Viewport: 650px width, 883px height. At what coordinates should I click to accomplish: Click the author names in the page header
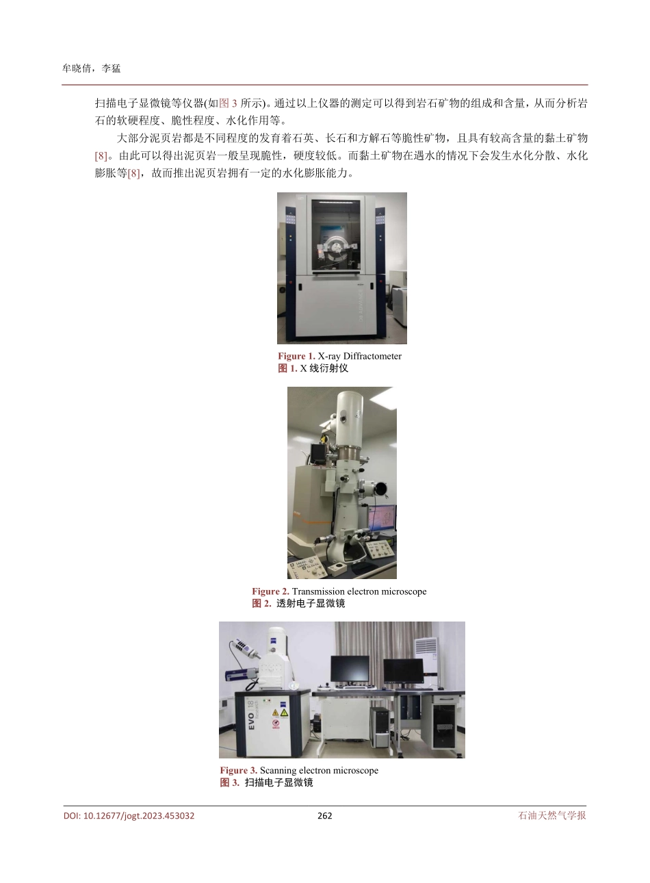coord(91,68)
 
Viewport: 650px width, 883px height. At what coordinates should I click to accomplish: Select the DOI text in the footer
coord(129,816)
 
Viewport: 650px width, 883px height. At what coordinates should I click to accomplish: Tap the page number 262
coord(325,816)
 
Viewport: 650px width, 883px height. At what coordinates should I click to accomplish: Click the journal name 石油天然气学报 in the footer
coord(552,816)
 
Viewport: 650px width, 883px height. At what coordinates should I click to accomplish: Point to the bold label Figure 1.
coord(296,356)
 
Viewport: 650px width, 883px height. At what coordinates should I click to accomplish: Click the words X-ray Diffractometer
coord(360,356)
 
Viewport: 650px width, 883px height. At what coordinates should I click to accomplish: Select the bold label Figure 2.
coord(270,591)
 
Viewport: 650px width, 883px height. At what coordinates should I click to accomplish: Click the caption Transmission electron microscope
coord(359,591)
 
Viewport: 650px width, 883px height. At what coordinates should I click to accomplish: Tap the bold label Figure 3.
coord(238,771)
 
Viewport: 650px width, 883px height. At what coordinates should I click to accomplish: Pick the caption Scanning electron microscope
coord(319,771)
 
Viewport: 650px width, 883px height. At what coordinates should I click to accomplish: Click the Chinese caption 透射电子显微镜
coord(311,604)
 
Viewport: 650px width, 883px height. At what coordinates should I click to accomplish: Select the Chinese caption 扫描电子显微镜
coord(279,783)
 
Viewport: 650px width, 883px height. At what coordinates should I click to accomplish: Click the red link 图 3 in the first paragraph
coord(228,104)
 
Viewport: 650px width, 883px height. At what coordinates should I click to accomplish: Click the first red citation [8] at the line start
coord(101,156)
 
